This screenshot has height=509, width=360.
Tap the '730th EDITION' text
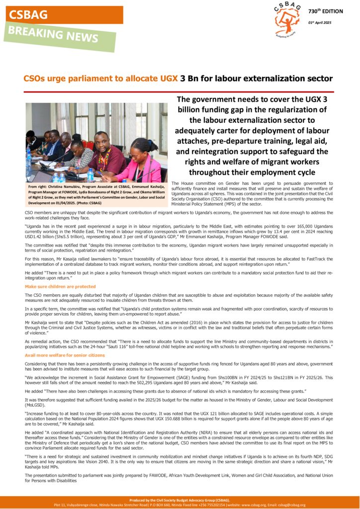pos(325,11)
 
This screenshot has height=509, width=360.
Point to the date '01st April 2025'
pos(320,22)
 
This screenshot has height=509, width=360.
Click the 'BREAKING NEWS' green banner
pos(60,36)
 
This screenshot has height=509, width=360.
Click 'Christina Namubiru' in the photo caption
pos(65,186)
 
